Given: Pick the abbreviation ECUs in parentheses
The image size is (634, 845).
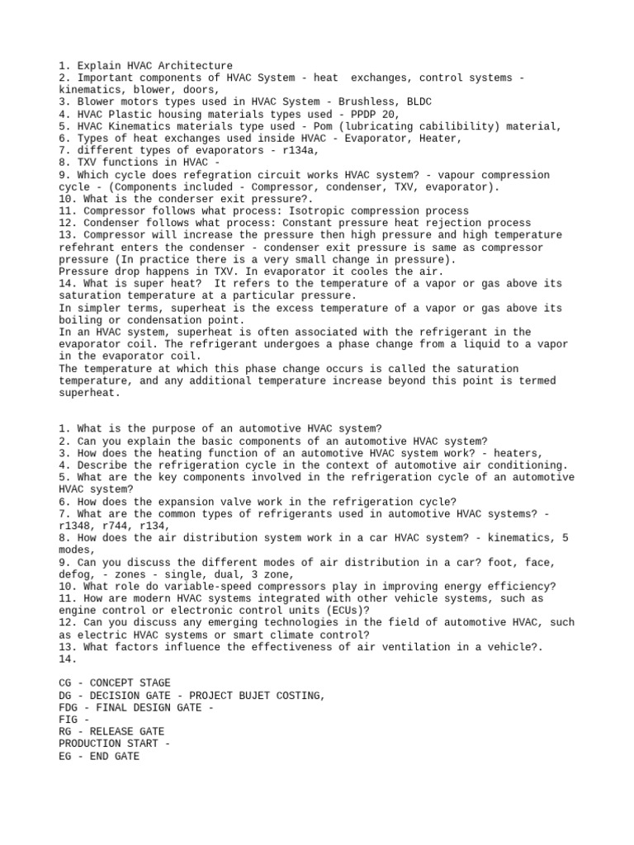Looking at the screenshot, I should [x=348, y=611].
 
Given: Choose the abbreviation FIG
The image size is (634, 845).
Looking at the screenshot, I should [x=68, y=720].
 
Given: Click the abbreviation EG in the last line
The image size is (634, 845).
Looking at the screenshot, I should [x=65, y=756].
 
